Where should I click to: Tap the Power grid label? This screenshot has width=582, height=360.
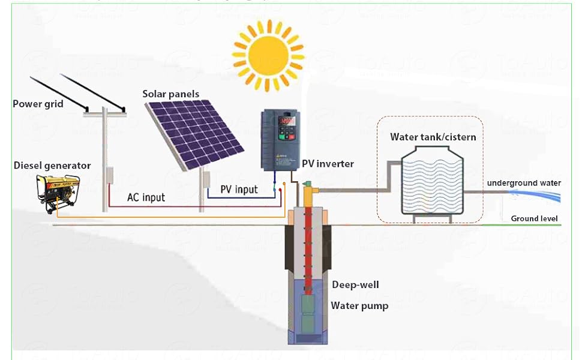[x=38, y=104]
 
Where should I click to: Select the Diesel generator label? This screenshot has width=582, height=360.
[x=52, y=166]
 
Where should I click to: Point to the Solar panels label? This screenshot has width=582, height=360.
[x=171, y=94]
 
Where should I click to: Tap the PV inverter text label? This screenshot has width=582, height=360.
[x=328, y=164]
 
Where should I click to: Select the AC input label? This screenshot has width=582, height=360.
[x=146, y=197]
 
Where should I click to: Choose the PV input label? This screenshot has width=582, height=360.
[x=239, y=190]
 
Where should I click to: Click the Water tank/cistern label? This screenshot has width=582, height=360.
[x=433, y=137]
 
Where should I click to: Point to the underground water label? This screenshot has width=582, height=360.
[x=524, y=183]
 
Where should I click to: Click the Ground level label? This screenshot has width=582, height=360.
[x=534, y=218]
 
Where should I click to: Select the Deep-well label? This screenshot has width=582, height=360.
[x=355, y=285]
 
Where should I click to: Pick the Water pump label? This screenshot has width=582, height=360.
[x=359, y=306]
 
